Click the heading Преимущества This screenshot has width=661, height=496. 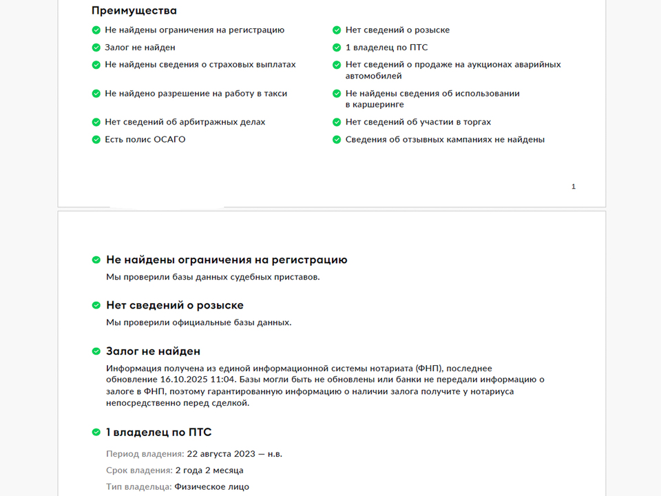coord(134,10)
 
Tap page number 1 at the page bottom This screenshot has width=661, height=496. coord(574,187)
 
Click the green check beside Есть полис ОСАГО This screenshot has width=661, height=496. coord(96,140)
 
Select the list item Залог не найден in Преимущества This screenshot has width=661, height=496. coord(140,48)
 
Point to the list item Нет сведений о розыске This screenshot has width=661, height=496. coord(397,30)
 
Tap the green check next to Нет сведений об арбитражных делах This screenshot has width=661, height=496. coord(96,123)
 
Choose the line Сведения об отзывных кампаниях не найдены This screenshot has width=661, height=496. coord(445,140)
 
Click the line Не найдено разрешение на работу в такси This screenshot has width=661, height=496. coord(196,94)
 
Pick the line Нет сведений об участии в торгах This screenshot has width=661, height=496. coord(418,123)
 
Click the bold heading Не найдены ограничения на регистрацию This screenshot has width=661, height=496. coord(227,260)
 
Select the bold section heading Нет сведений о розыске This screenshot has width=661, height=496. coord(174,305)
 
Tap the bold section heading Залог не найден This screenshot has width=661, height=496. coord(153,351)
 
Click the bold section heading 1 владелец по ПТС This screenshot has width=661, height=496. coord(158,433)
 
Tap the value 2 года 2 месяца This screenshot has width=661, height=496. coord(209,471)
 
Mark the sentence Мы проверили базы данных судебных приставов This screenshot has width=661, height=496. coord(213,278)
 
